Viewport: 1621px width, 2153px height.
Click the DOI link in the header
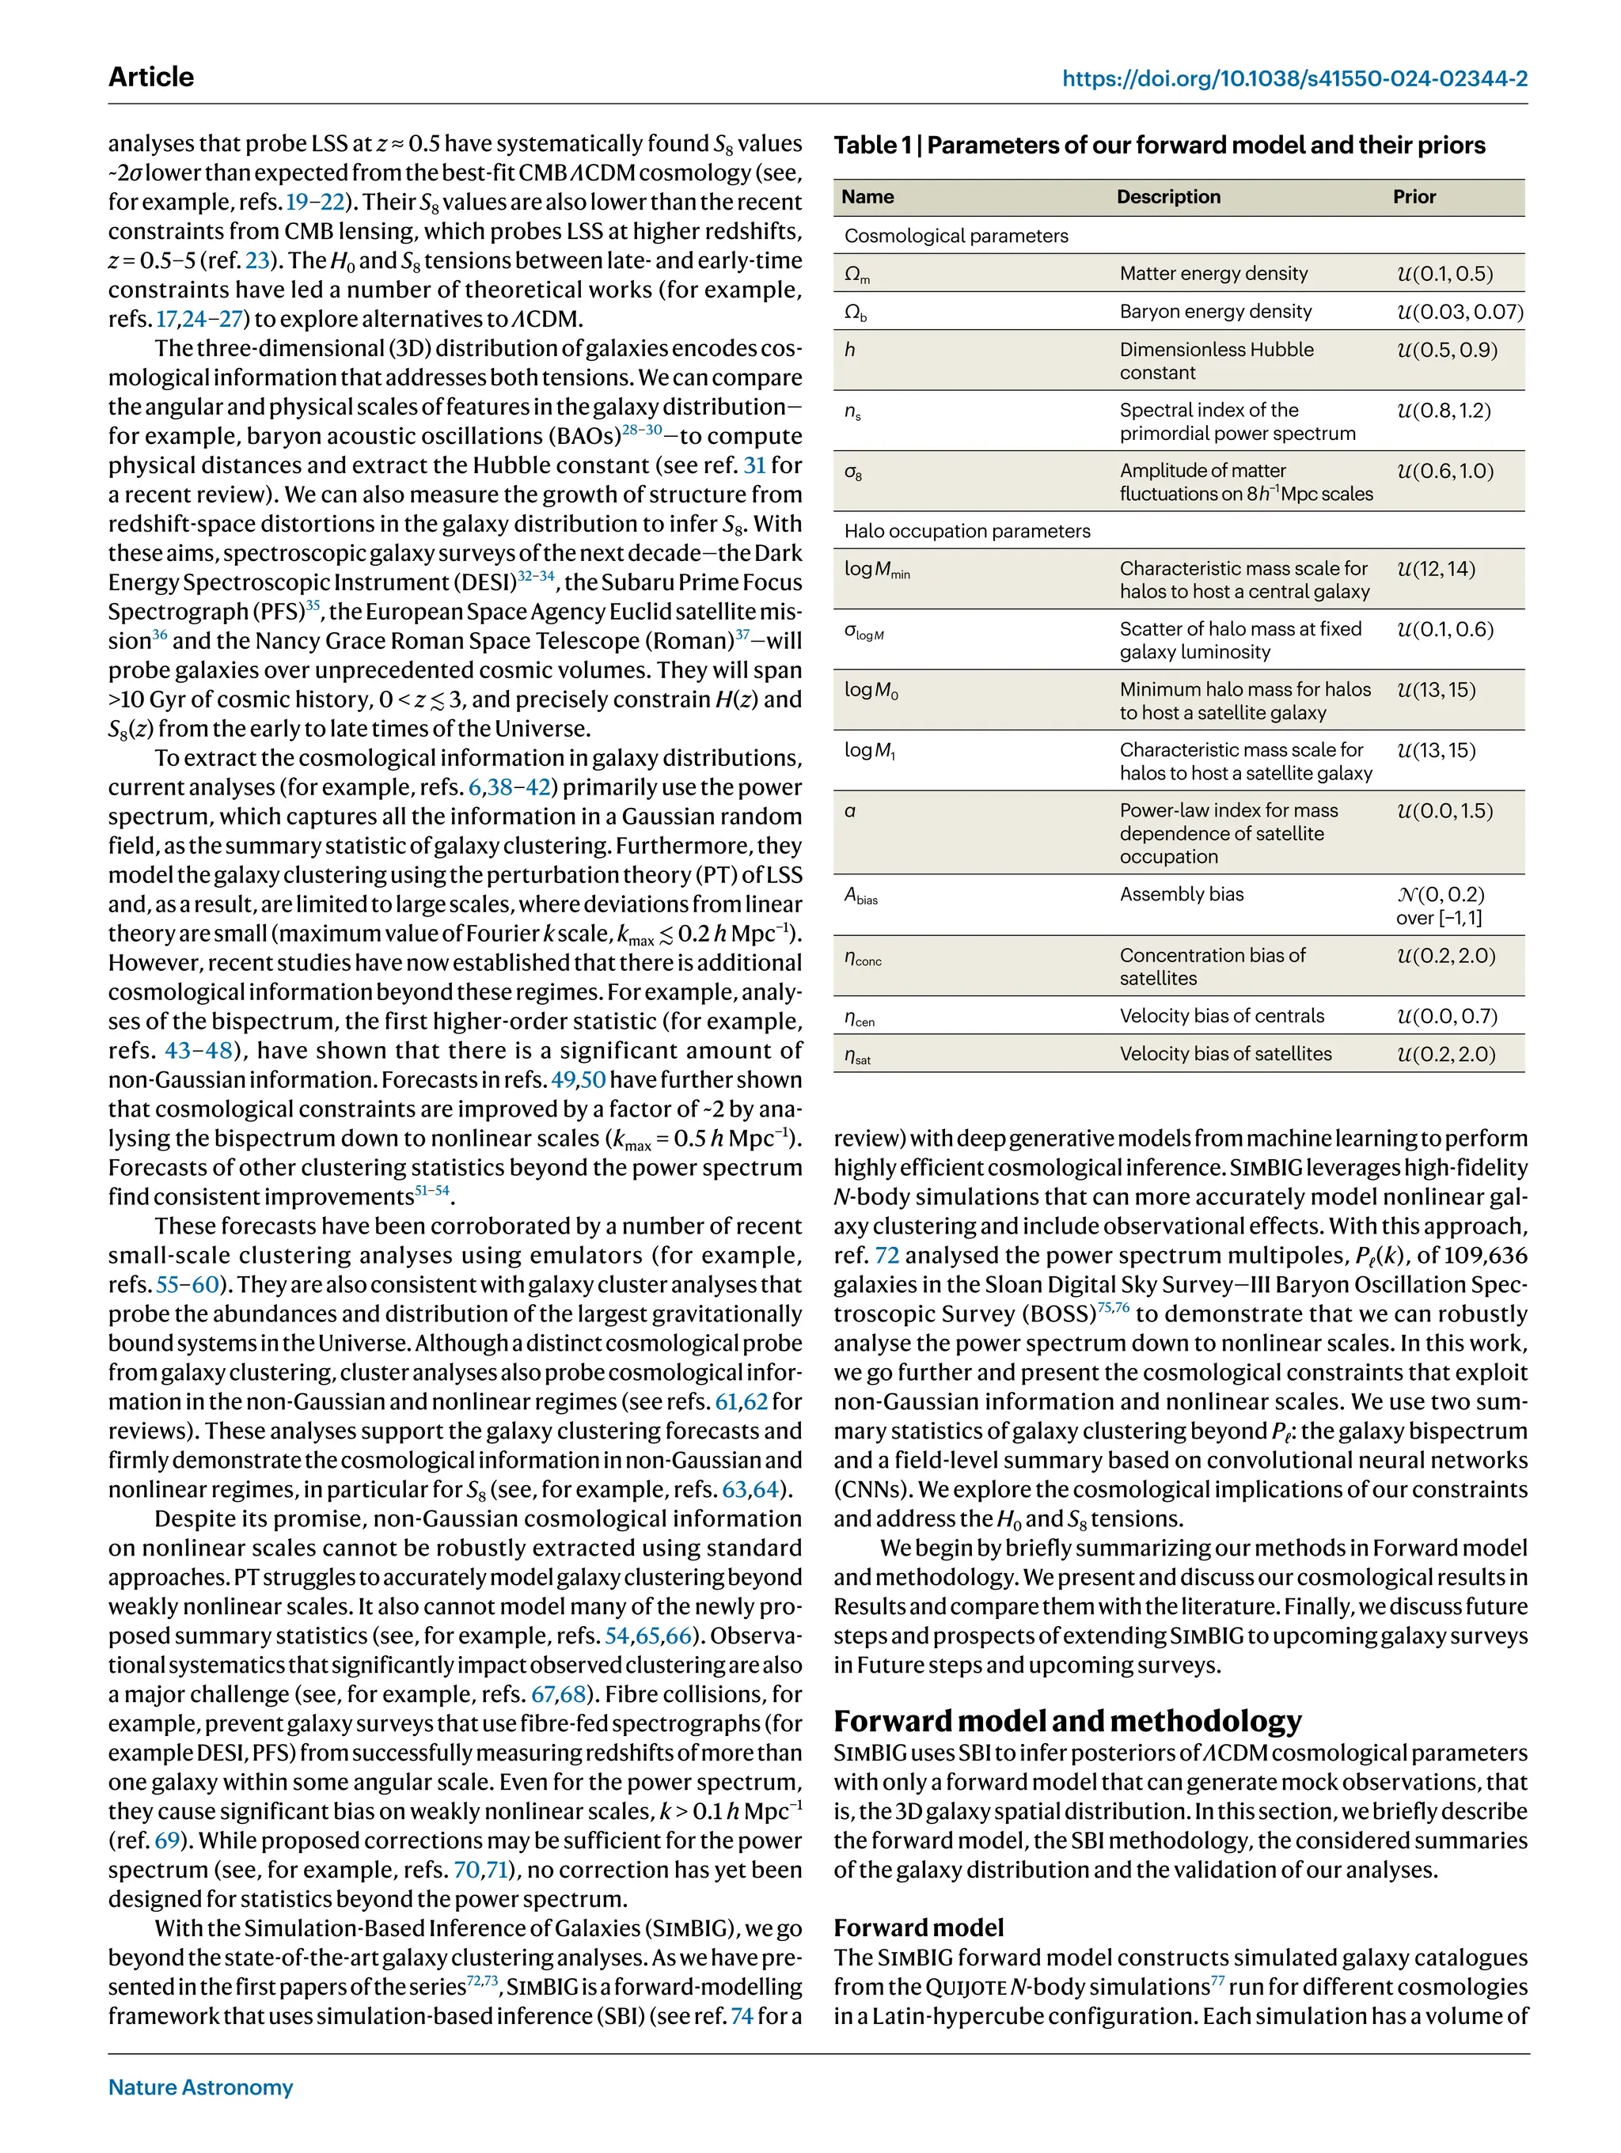pos(1294,79)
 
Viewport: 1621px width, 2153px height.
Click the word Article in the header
pos(151,77)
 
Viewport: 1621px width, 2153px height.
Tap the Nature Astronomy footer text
pos(200,2087)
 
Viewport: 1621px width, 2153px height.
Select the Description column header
pos(1167,196)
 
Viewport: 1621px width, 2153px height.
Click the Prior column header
pos(1414,196)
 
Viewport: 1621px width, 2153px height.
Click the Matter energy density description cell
pos(1213,274)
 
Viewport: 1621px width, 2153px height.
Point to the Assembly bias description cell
pos(1181,893)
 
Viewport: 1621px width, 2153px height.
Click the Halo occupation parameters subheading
pos(966,530)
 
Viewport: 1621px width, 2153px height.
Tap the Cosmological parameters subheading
pos(956,236)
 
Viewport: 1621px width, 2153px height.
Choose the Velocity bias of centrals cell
pos(1220,1015)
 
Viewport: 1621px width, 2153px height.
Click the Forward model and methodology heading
pos(1067,1720)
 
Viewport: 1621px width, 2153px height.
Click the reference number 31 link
pos(754,465)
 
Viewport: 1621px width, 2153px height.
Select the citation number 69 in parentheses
pos(168,1840)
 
